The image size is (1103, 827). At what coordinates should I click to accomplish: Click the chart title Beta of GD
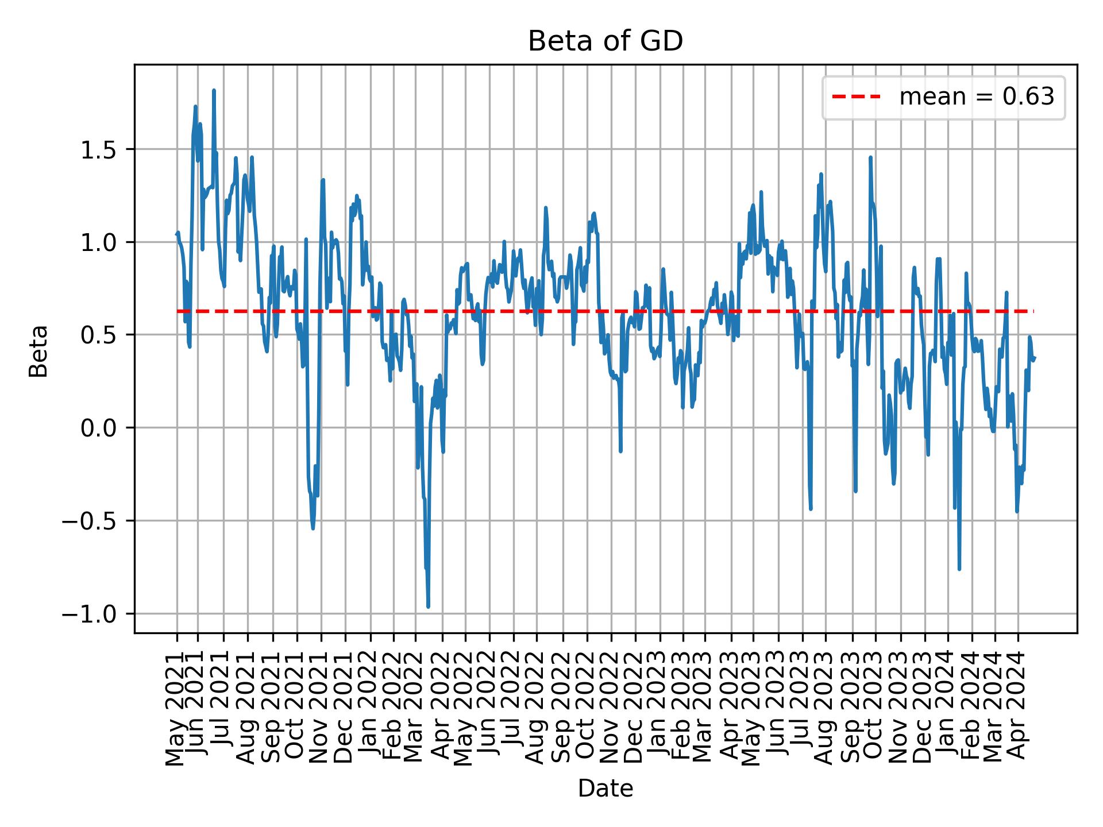pyautogui.click(x=606, y=41)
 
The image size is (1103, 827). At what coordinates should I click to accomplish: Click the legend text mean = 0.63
pyautogui.click(x=977, y=97)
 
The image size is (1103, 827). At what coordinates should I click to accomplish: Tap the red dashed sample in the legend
pyautogui.click(x=856, y=97)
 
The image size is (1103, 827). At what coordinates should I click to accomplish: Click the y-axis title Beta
pyautogui.click(x=38, y=351)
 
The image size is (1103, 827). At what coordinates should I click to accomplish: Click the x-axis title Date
pyautogui.click(x=606, y=789)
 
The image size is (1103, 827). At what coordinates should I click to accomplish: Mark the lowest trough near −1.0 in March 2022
pyautogui.click(x=428, y=606)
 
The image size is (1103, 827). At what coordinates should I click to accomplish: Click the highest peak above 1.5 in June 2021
pyautogui.click(x=214, y=91)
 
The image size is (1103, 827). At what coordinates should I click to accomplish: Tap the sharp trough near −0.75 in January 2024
pyautogui.click(x=959, y=569)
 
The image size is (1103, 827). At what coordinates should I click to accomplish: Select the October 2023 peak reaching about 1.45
pyautogui.click(x=870, y=157)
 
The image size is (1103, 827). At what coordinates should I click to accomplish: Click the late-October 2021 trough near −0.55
pyautogui.click(x=313, y=528)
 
